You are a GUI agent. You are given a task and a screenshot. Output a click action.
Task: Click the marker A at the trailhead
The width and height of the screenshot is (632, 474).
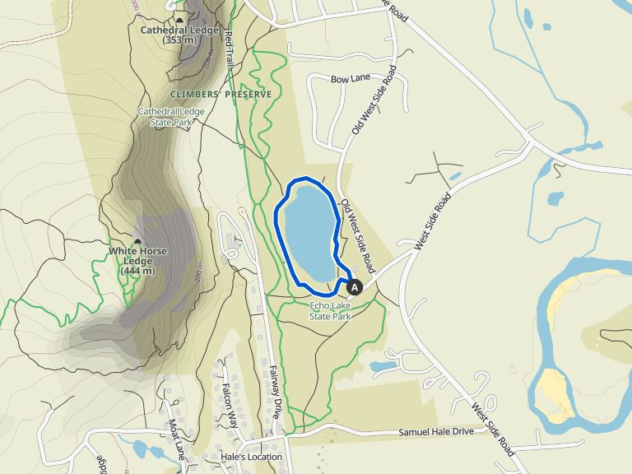coord(355,287)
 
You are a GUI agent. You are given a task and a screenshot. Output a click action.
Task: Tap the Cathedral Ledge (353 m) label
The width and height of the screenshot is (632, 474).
coord(179,35)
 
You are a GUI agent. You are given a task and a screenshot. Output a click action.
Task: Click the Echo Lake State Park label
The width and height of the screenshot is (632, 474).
coord(330,309)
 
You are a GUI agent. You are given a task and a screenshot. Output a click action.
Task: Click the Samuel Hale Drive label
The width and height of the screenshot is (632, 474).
coord(436,432)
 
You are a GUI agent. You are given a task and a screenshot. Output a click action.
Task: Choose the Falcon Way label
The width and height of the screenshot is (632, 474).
coord(229,404)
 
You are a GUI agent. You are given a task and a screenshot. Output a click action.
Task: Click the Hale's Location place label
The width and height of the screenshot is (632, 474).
coord(251,457)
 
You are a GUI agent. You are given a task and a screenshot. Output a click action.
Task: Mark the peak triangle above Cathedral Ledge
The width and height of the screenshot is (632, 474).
coord(179,20)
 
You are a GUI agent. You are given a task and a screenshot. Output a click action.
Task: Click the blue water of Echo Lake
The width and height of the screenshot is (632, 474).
coord(309,230)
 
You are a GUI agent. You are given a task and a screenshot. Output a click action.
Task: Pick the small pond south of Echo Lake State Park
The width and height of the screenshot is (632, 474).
coord(383,365)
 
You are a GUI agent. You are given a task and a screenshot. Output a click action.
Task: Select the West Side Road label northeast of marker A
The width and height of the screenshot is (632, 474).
coord(434,221)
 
